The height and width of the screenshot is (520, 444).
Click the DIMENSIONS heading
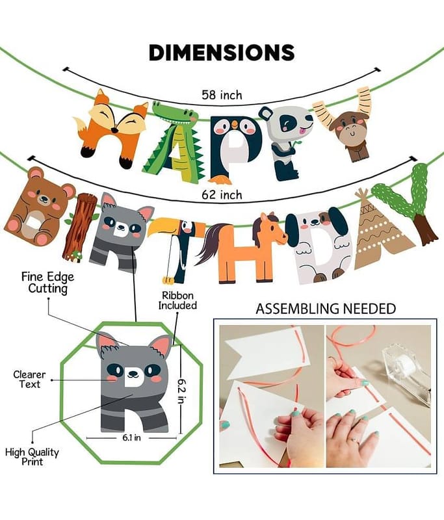(x=222, y=53)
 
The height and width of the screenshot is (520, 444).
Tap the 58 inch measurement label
(x=222, y=95)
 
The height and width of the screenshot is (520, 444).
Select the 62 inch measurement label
(x=222, y=194)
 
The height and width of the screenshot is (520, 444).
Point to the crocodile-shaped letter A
(x=172, y=139)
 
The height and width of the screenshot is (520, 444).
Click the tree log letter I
(x=79, y=228)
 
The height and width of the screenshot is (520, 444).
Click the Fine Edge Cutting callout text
(x=47, y=283)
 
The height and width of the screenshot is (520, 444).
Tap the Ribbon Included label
(x=177, y=300)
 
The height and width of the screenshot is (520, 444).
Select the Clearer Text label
(x=29, y=380)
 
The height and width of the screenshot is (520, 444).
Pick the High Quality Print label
(x=32, y=457)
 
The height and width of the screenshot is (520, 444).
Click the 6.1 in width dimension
(x=132, y=437)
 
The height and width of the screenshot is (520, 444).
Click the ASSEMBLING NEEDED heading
(x=326, y=309)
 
